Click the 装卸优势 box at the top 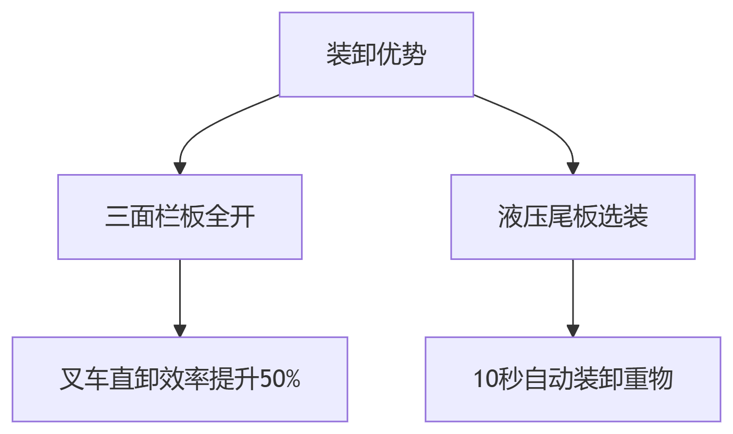[x=376, y=55]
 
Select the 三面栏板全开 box [x=180, y=217]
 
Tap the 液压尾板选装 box [x=573, y=217]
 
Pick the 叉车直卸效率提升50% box [x=180, y=379]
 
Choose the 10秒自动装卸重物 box [x=573, y=379]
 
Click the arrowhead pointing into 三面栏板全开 [x=180, y=168]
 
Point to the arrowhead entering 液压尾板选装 [x=573, y=168]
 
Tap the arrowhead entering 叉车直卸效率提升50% [x=180, y=330]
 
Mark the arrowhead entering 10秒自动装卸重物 [x=573, y=330]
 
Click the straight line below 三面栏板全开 [x=180, y=292]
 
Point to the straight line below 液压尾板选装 [x=573, y=292]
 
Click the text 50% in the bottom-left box [x=280, y=379]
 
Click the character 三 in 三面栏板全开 [x=117, y=216]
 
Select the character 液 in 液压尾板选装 [x=511, y=216]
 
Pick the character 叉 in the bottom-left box [x=72, y=379]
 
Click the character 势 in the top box [x=414, y=54]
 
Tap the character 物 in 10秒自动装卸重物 [x=661, y=379]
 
